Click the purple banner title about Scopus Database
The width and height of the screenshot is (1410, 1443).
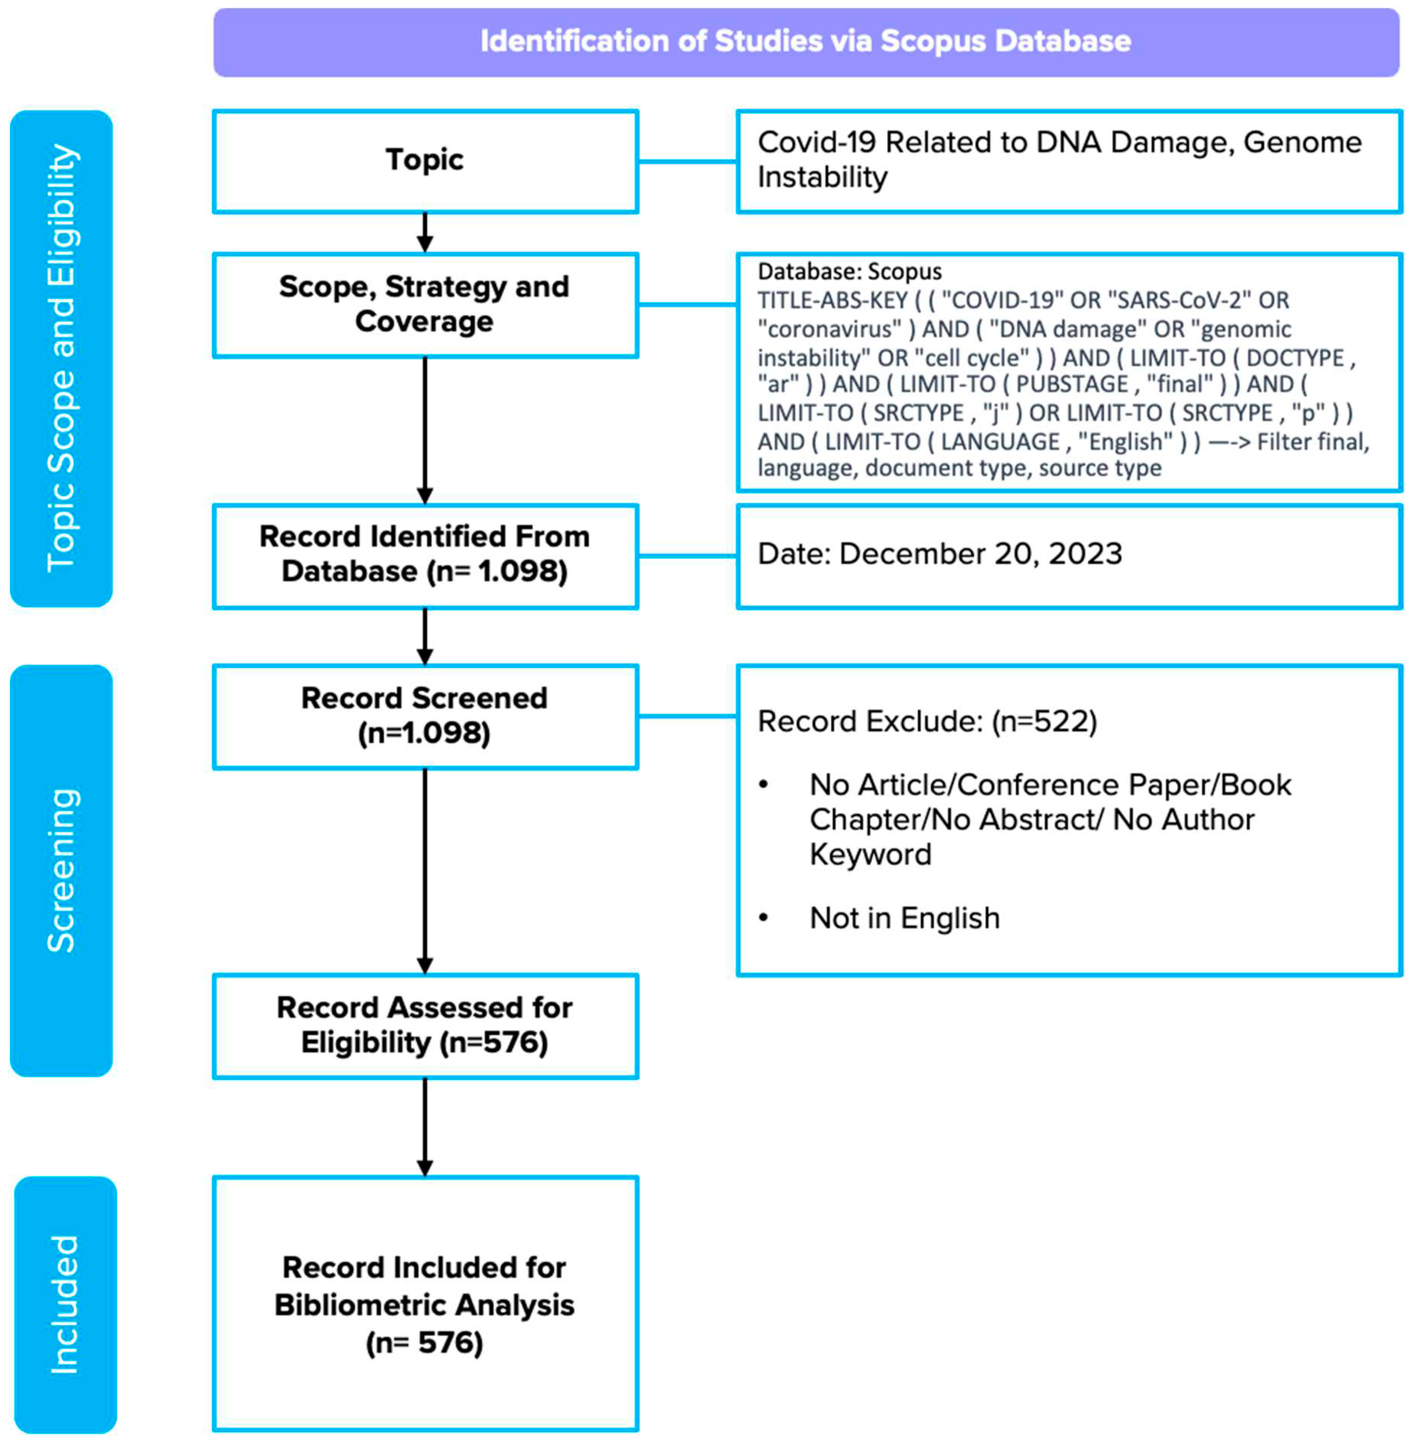coord(806,41)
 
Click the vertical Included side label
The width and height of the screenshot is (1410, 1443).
coord(65,1304)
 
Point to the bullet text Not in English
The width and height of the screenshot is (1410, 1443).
coord(904,918)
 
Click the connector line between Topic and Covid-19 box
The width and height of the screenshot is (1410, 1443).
coord(687,161)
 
